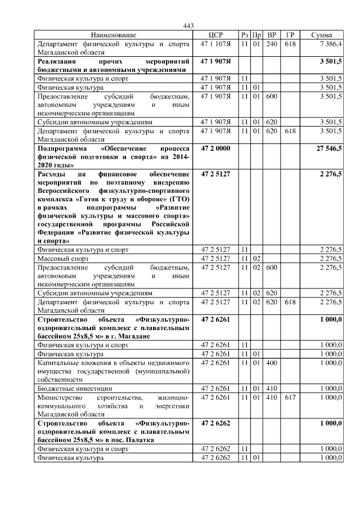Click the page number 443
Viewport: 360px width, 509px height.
point(188,26)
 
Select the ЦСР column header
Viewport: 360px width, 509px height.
point(216,35)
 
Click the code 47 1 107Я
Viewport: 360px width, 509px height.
point(216,43)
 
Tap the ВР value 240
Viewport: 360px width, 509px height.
point(272,43)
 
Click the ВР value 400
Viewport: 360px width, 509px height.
point(272,364)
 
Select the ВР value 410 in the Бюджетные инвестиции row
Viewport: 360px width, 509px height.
point(272,389)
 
